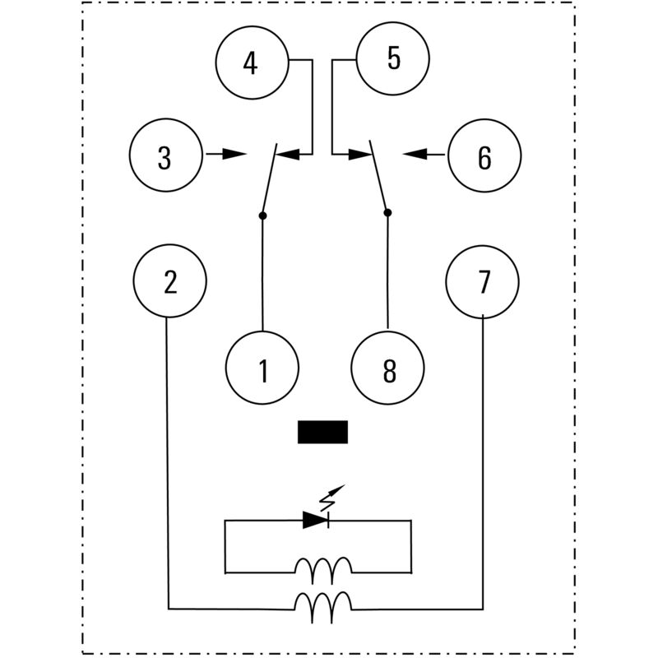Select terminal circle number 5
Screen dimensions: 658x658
393,59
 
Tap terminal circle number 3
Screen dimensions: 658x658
165,156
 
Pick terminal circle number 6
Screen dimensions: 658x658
484,156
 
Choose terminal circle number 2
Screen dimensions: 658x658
170,281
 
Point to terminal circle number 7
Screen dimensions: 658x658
483,281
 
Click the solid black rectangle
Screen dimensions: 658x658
322,432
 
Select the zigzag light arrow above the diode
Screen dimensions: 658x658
330,497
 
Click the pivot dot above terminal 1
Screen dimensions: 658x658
262,215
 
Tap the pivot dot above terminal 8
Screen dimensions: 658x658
387,212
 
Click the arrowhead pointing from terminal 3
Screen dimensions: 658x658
235,154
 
